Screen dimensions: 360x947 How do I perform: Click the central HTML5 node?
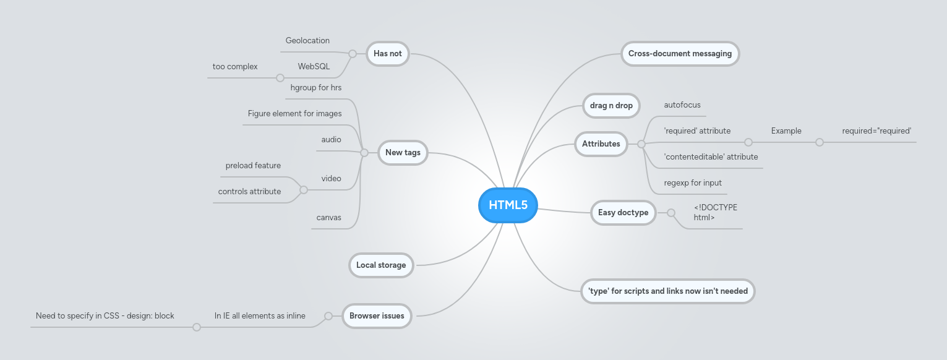508,205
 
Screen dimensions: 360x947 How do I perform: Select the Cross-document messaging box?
680,54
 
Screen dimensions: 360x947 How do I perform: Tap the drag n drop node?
611,106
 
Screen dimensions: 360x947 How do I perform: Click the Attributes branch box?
601,144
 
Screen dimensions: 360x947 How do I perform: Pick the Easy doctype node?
623,213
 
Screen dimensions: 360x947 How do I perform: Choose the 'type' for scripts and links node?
668,291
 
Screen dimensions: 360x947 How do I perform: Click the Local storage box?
381,265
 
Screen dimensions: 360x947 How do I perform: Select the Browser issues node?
377,316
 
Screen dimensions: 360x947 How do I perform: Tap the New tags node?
403,153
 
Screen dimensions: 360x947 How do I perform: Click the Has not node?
388,54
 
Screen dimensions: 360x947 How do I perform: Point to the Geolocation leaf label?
307,41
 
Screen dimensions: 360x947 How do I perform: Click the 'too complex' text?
235,67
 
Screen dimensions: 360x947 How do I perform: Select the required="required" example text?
876,131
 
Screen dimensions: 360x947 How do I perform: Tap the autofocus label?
682,105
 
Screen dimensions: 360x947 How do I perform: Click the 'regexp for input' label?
693,183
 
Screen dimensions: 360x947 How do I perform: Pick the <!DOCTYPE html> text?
715,212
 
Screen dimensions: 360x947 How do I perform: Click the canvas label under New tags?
328,218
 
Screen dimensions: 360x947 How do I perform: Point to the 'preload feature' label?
253,166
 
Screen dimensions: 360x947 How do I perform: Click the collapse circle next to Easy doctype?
671,213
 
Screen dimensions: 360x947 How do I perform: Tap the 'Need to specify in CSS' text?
105,316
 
